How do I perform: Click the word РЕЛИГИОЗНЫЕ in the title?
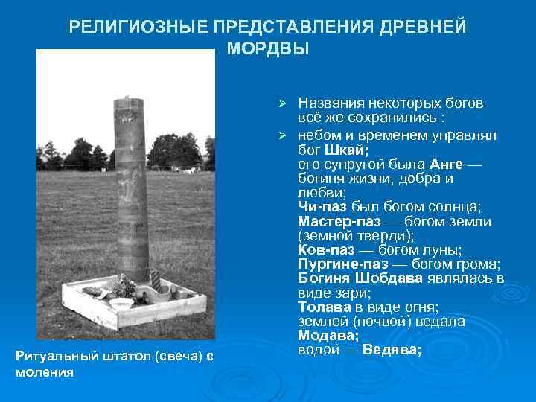138,28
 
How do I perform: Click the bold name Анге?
447,164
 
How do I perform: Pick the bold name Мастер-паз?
339,221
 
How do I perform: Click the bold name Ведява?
392,349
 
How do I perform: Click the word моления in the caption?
44,371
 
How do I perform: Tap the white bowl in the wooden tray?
121,303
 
